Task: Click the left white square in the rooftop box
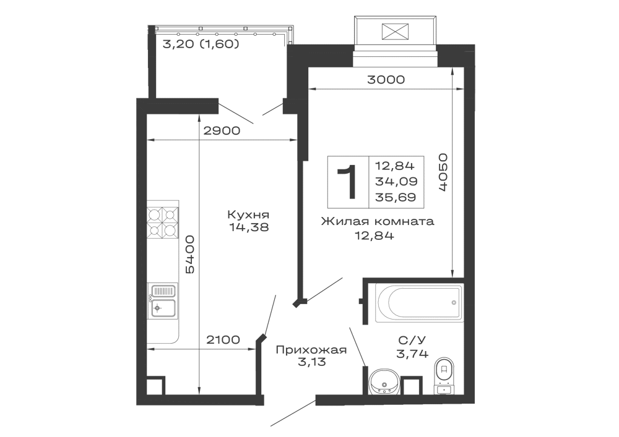[371, 29]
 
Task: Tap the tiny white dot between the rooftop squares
[402, 32]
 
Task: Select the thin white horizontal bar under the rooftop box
[396, 62]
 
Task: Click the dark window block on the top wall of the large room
[386, 79]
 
